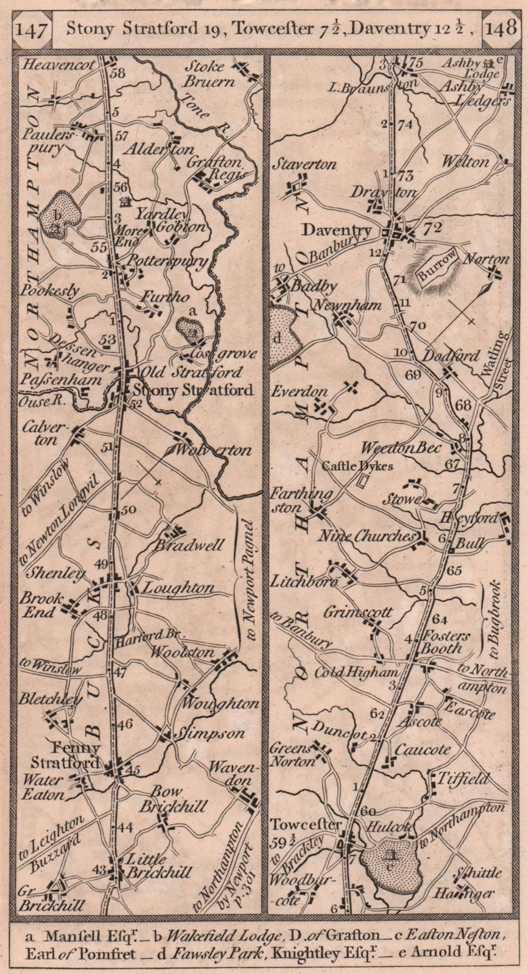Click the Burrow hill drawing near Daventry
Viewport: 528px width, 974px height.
(437, 268)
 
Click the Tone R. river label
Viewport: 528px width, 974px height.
(202, 108)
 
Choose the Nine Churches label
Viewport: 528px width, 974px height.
(367, 536)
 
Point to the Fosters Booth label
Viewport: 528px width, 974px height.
(446, 642)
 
